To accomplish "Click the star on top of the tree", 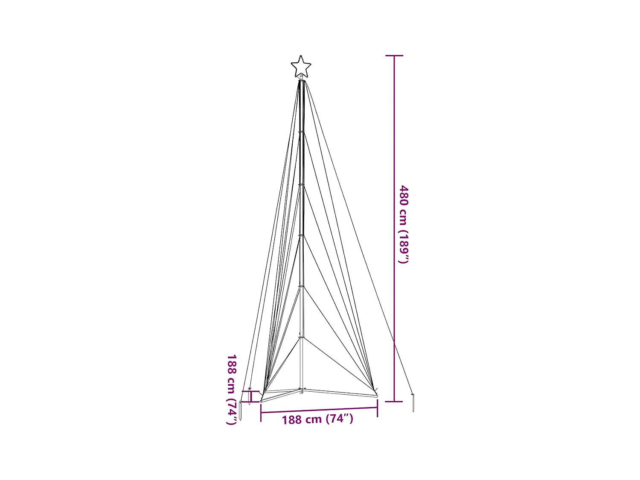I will (301, 67).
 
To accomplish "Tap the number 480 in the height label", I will (404, 195).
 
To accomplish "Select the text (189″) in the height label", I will (404, 247).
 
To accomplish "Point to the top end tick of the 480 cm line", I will (394, 55).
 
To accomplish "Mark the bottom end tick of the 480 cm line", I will (394, 401).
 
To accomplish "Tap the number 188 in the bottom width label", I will (292, 420).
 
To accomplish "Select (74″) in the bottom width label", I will (340, 419).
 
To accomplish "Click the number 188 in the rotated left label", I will (232, 363).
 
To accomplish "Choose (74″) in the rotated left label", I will (232, 411).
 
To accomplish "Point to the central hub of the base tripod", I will (301, 390).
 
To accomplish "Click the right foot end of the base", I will (376, 396).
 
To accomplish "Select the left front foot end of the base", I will (262, 401).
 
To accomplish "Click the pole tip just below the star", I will (301, 79).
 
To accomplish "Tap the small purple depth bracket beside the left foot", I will (251, 396).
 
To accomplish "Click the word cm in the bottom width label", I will (313, 420).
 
